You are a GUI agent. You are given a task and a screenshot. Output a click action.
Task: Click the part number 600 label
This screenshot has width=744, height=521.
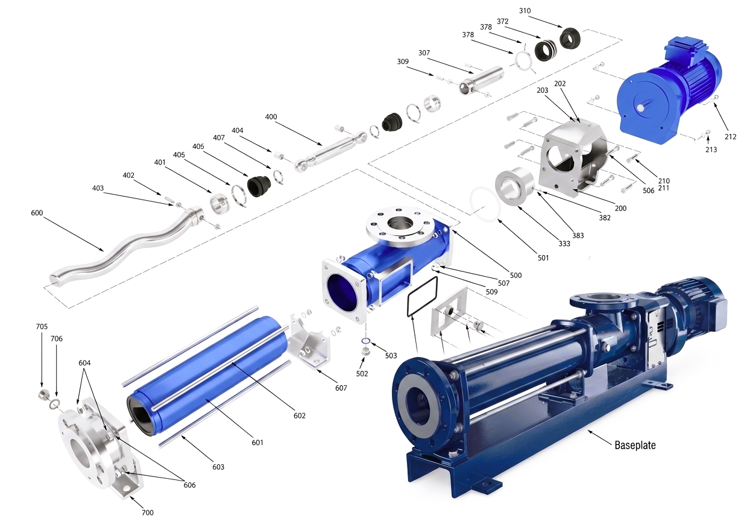[37, 213]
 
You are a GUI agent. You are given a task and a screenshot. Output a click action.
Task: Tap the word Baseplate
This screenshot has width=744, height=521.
[635, 445]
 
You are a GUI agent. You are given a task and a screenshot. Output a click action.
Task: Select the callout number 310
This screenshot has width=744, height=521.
[525, 11]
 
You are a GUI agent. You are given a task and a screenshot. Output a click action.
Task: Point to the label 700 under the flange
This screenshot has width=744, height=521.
[148, 513]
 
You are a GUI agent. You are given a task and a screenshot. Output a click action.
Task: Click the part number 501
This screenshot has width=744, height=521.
[543, 258]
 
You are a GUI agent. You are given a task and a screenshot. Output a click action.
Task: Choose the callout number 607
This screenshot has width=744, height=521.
[341, 388]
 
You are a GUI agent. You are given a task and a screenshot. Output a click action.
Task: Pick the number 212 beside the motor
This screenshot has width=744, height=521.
[730, 136]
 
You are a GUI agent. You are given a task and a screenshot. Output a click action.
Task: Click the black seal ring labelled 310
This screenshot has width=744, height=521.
[570, 37]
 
